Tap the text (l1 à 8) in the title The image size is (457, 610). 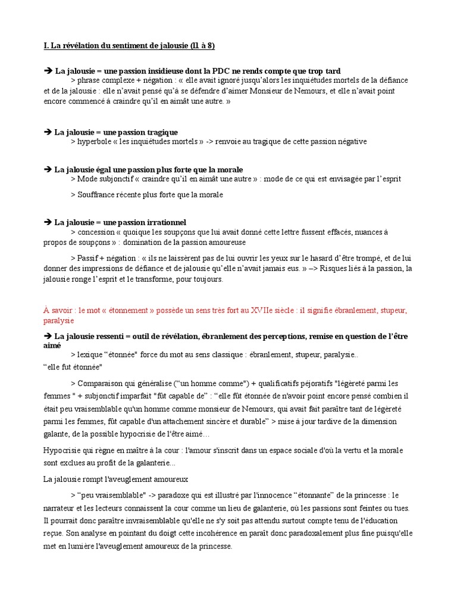(x=202, y=46)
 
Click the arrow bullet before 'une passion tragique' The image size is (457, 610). (x=48, y=132)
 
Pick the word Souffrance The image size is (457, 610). (x=97, y=194)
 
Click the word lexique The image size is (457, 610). (x=90, y=355)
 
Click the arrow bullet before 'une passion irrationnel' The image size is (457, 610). (x=48, y=222)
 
